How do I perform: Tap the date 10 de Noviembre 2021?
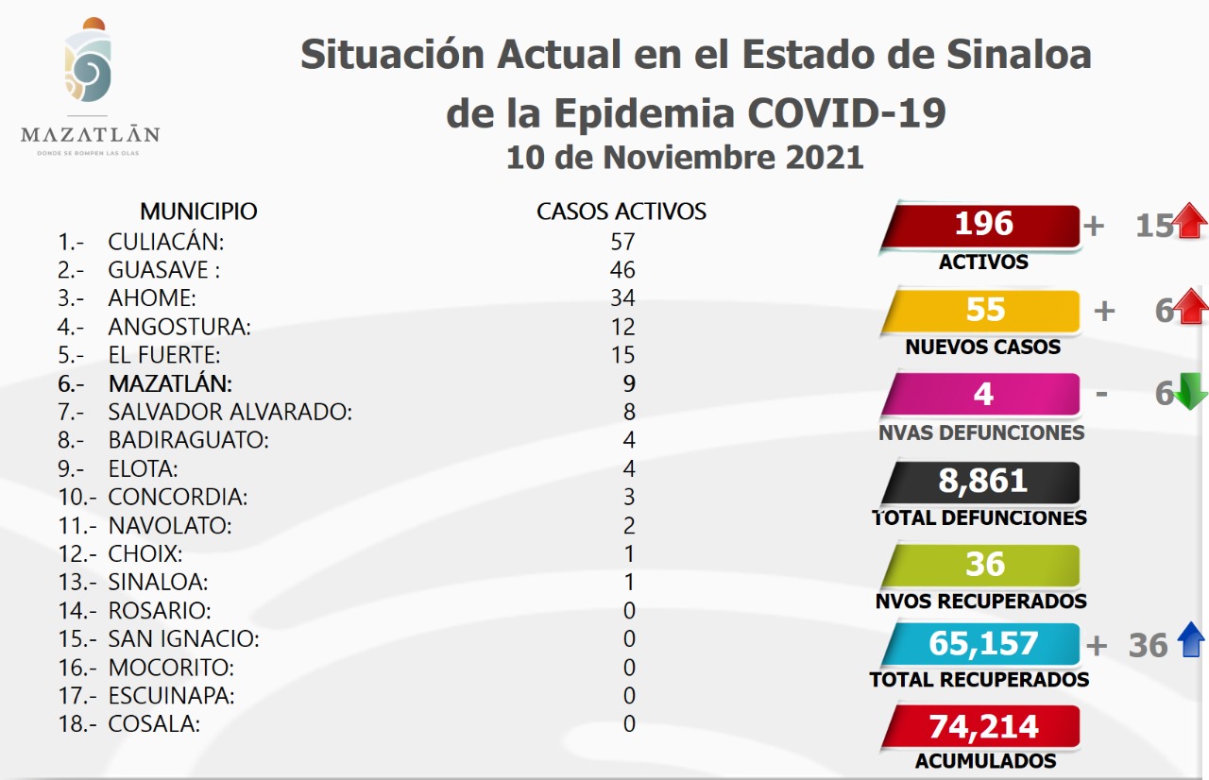pos(685,157)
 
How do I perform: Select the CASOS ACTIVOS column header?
pos(622,212)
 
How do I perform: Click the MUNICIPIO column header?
pos(198,212)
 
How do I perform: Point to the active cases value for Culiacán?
pos(622,242)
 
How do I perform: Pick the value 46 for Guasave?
pos(622,270)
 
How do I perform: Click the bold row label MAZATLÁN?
pos(170,384)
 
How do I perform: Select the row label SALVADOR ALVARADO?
pos(230,413)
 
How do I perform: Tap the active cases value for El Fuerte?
pos(622,355)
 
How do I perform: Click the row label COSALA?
pos(154,724)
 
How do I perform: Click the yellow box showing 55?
pos(983,311)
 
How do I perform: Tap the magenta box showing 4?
pos(983,394)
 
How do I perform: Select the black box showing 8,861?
pos(982,482)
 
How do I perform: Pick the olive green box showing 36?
pos(983,565)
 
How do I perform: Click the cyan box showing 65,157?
pos(982,644)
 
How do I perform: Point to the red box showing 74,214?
pos(983,727)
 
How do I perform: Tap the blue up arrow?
pos(1191,642)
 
